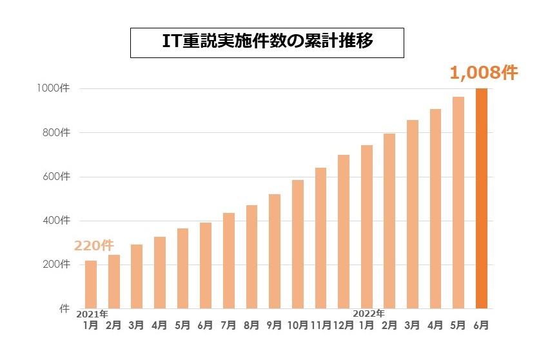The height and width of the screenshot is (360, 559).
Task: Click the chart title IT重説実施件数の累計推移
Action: pyautogui.click(x=267, y=43)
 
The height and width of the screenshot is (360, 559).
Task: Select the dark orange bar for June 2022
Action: pyautogui.click(x=482, y=198)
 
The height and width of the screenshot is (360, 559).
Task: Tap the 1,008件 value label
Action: pyautogui.click(x=484, y=73)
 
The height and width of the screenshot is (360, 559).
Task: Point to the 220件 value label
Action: pyautogui.click(x=94, y=246)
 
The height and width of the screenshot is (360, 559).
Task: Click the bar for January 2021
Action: pyautogui.click(x=91, y=284)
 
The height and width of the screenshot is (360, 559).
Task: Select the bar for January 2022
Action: pyautogui.click(x=367, y=226)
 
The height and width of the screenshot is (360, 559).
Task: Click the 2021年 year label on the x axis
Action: pyautogui.click(x=92, y=314)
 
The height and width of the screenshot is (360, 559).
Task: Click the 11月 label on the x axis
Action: pyautogui.click(x=320, y=325)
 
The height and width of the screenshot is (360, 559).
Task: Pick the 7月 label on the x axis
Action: pyautogui.click(x=228, y=325)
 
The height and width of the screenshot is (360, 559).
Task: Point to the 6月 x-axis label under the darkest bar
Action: pyautogui.click(x=481, y=325)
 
